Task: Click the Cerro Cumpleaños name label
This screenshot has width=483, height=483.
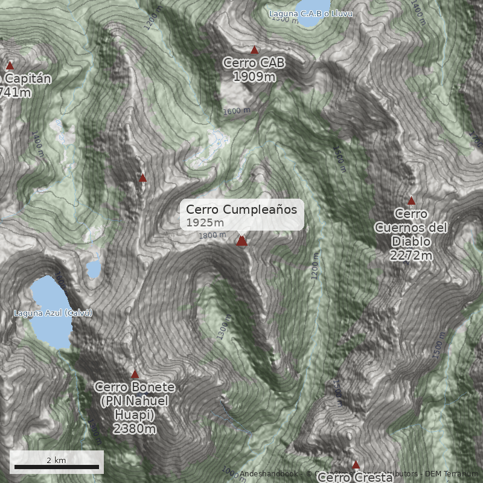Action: coord(241,210)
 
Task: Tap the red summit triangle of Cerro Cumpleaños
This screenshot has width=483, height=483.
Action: coord(242,241)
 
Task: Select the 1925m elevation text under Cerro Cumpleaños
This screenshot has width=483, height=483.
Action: coord(205,223)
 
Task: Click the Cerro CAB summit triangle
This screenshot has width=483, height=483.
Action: coord(255,50)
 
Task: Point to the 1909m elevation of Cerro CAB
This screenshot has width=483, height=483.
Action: coord(254,77)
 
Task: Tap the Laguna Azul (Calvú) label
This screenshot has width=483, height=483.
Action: coord(53,313)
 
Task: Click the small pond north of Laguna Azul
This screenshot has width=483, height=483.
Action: coord(94,269)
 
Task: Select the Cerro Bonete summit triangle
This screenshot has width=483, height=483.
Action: coord(135,374)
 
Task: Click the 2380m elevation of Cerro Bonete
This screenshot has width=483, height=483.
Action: coord(135,429)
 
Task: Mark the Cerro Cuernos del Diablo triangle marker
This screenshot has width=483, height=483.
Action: coord(412,201)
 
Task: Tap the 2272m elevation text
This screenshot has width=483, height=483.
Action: coord(411,255)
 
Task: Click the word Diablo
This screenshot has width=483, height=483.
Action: coord(411,241)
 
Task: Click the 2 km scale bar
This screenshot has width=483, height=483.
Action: coord(57,466)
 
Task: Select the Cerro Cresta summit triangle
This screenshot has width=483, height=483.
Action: coord(356,464)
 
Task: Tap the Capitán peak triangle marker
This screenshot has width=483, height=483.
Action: coord(10,65)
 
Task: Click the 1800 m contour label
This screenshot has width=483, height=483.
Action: coord(211,235)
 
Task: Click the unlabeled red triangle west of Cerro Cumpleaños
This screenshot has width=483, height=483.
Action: coord(142,178)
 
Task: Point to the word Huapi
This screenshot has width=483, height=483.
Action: coord(135,415)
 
